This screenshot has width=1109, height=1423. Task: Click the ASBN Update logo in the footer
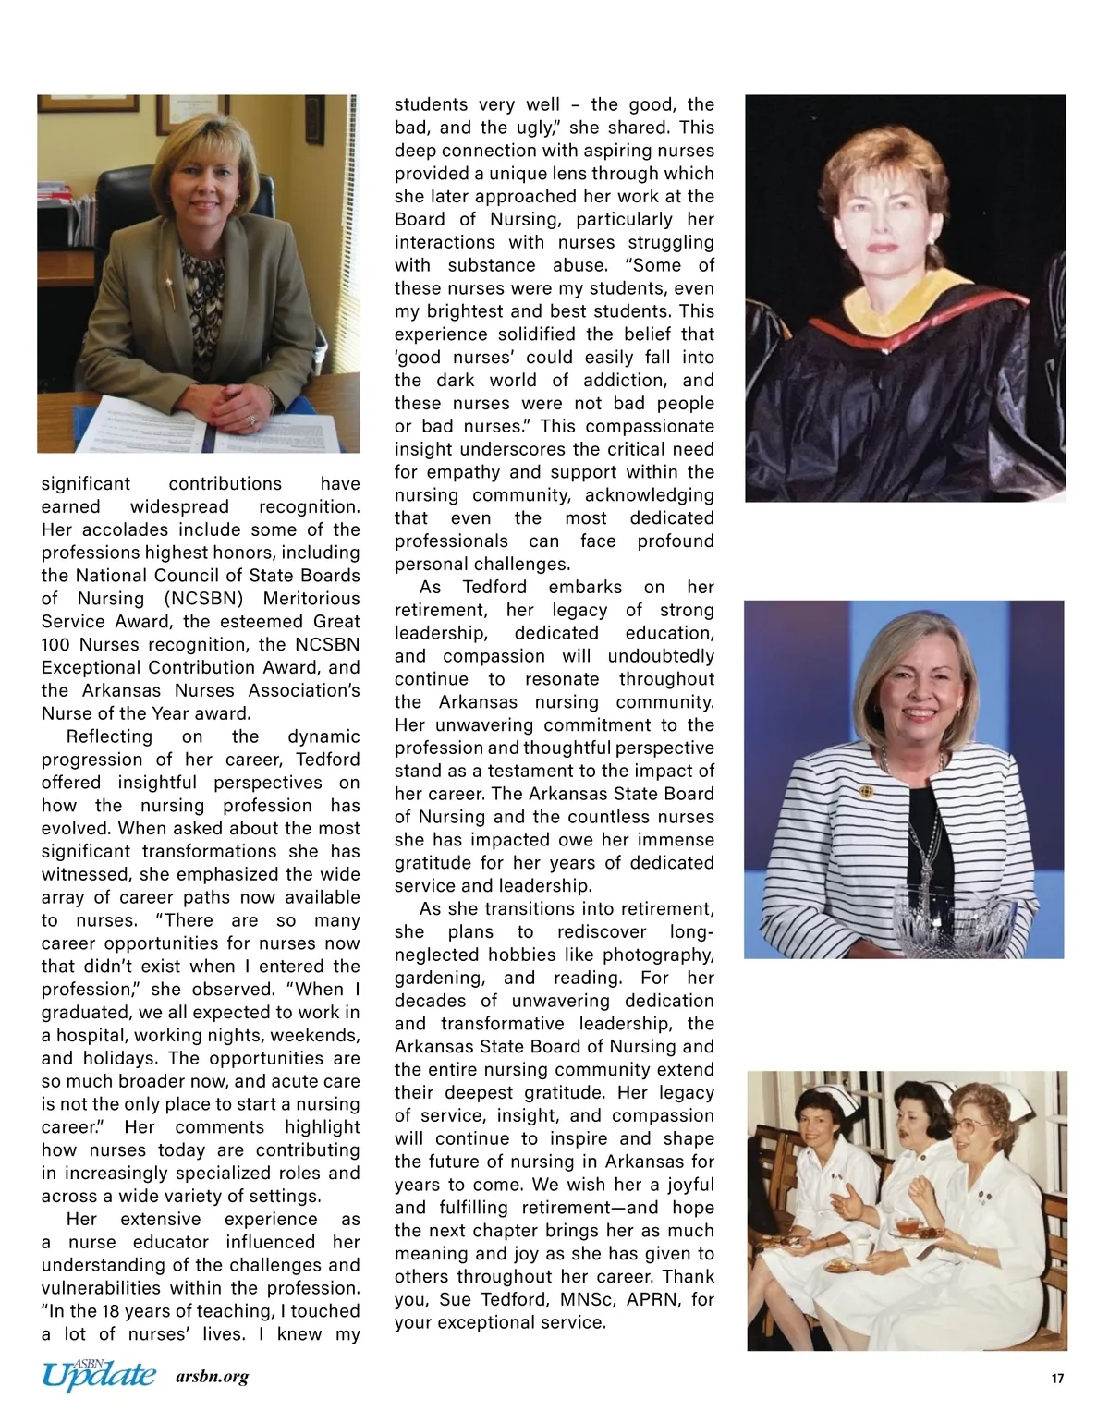point(98,1375)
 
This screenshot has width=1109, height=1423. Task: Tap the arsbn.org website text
point(212,1377)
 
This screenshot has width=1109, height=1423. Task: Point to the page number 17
point(1057,1379)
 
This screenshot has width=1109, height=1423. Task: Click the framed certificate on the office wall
point(192,112)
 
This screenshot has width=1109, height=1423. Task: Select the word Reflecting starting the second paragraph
point(109,736)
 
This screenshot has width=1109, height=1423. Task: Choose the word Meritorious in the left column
point(311,599)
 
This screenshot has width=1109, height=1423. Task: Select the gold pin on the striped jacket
point(866,791)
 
